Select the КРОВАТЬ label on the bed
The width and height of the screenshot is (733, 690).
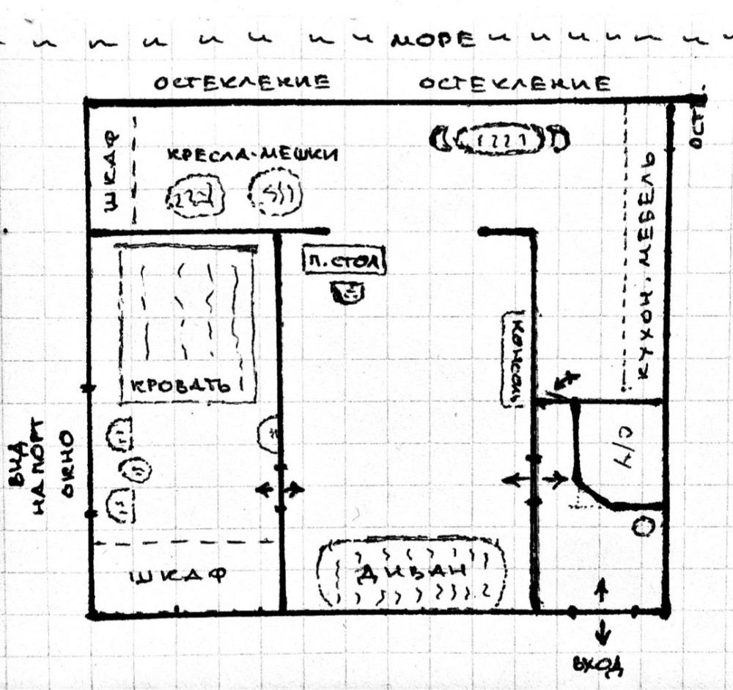pos(179,385)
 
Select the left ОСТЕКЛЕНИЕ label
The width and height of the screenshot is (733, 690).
pos(240,83)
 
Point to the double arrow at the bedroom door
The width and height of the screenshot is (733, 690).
pos(279,489)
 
